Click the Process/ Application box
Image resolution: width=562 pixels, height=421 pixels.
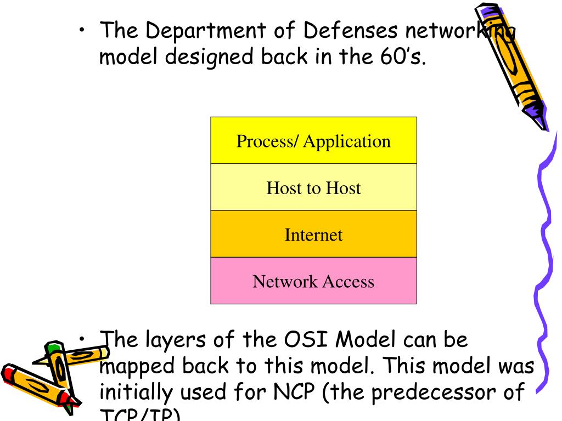pyautogui.click(x=313, y=140)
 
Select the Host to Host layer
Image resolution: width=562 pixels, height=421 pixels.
pyautogui.click(x=313, y=187)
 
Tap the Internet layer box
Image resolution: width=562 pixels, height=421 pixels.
pyautogui.click(x=313, y=235)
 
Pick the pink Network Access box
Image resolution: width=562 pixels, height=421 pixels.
pyautogui.click(x=313, y=281)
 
